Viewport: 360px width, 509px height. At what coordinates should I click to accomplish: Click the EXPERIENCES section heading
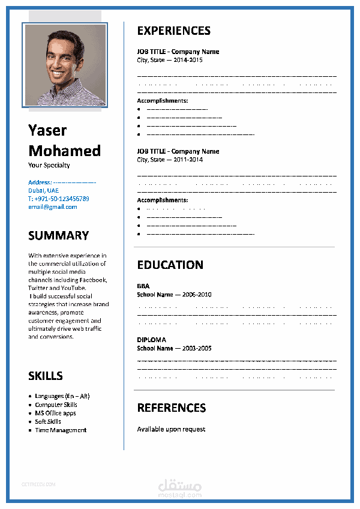click(x=173, y=31)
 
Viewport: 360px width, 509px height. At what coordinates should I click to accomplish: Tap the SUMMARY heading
click(x=58, y=235)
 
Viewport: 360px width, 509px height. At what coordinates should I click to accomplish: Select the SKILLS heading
click(x=46, y=376)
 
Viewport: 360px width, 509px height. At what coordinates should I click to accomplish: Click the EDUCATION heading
click(x=170, y=265)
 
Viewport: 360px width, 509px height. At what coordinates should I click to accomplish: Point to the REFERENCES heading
click(x=171, y=408)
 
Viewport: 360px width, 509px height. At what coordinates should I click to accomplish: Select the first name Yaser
click(x=47, y=130)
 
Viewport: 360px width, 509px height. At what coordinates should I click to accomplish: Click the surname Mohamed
click(x=64, y=150)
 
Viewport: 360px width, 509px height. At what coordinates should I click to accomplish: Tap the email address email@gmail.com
click(x=53, y=207)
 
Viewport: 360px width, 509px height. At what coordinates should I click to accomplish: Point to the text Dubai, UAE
click(x=43, y=190)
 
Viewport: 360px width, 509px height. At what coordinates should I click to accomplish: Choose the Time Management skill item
click(x=61, y=430)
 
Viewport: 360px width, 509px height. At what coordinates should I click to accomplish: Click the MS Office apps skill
click(x=55, y=414)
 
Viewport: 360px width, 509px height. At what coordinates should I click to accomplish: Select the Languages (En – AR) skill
click(x=62, y=396)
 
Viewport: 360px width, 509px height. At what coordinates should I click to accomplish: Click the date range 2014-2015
click(x=188, y=60)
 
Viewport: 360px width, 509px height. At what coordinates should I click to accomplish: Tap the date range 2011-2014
click(x=188, y=160)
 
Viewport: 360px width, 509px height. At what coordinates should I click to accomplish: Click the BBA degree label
click(x=143, y=286)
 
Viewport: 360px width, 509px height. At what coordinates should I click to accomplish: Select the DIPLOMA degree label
click(x=151, y=340)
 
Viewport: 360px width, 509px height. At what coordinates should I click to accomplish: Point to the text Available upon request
click(x=171, y=429)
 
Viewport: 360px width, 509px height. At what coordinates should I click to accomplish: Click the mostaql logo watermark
click(x=179, y=487)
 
